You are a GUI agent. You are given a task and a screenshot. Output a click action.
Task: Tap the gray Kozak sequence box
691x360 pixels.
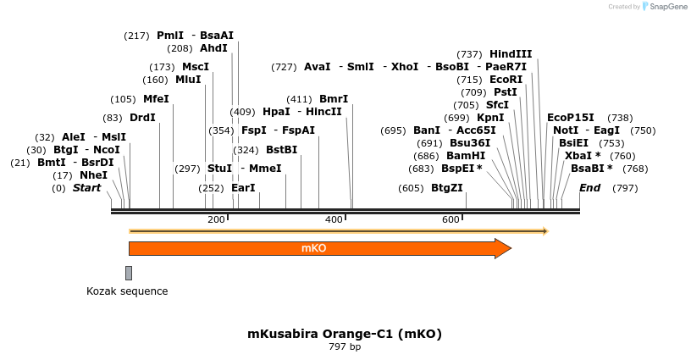point(129,273)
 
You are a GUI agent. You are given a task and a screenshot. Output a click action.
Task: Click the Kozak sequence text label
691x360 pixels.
point(127,291)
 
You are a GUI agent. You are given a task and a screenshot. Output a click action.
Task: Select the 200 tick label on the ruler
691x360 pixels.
point(216,220)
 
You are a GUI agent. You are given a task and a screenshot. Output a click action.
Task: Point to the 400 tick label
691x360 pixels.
point(334,220)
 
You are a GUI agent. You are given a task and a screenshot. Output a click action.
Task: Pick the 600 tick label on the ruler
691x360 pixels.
point(451,220)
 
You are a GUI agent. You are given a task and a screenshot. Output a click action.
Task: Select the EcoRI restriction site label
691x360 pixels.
point(506,79)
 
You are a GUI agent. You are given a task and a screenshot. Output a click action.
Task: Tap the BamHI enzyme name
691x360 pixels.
point(466,156)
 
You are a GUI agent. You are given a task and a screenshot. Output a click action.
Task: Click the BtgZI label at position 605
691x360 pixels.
point(447,187)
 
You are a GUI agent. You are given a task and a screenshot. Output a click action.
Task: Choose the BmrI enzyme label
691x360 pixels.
point(334,99)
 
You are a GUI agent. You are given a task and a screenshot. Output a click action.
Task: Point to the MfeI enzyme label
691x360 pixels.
point(156,99)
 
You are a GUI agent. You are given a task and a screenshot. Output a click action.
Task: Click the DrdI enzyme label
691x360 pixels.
point(142,118)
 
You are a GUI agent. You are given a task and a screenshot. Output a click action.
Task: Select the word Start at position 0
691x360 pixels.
point(86,187)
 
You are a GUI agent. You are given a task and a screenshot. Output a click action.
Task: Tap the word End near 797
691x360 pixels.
point(589,187)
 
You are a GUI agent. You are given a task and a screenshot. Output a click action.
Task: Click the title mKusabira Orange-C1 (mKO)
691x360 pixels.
point(344,334)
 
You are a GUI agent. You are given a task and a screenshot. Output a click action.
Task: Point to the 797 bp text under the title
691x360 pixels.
point(344,346)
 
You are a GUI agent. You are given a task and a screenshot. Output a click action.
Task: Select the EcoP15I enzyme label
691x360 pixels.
point(571,118)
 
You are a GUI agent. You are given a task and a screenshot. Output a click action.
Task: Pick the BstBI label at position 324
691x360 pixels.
point(282,150)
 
